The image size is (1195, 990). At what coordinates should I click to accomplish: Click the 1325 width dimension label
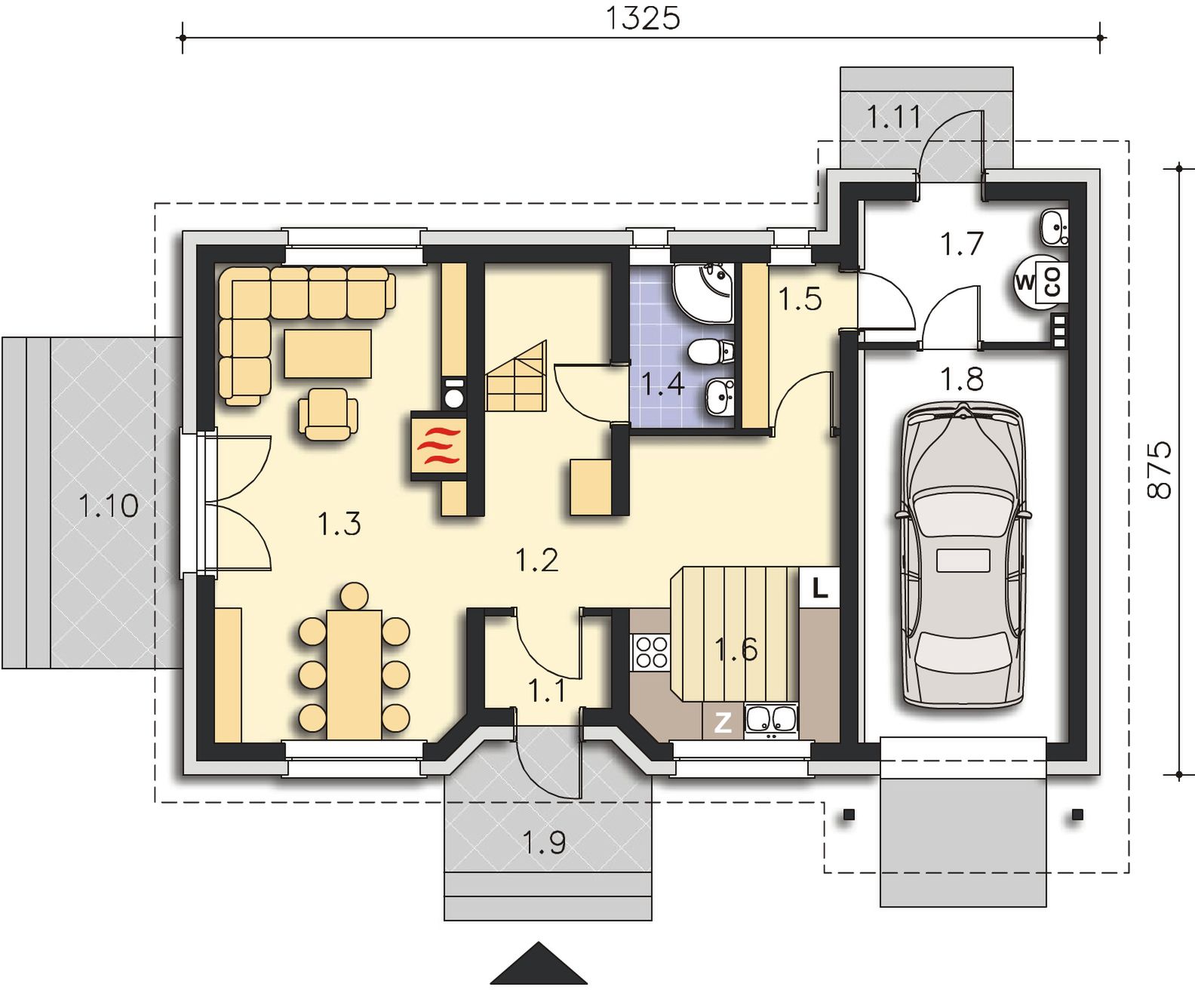point(642,18)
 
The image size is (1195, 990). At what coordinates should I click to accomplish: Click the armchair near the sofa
point(328,414)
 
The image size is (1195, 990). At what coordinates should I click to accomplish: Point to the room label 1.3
point(339,524)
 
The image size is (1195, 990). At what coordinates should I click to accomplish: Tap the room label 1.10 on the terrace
point(108,506)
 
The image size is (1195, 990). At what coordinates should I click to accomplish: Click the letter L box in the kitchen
point(820,587)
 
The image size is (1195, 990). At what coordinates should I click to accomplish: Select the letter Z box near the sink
point(723,723)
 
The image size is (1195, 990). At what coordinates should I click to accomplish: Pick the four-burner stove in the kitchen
point(651,652)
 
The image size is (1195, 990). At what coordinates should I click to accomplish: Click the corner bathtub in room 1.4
point(703,293)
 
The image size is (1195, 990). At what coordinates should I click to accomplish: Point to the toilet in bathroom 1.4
point(710,351)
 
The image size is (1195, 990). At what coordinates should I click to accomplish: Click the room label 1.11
point(894,117)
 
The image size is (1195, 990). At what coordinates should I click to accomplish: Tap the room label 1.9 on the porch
point(544,842)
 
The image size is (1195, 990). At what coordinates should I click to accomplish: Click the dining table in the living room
point(355,675)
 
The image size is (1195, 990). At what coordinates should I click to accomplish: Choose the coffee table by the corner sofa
point(328,353)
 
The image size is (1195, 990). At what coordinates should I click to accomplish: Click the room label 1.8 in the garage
point(961,379)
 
